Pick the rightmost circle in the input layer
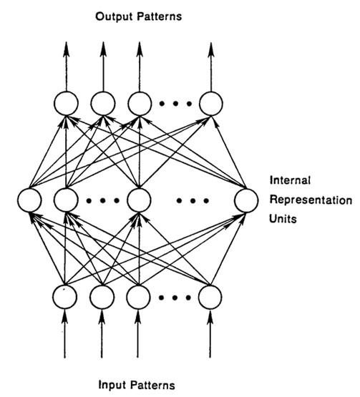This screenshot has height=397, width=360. coord(210,295)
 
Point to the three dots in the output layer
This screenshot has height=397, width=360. coord(174,104)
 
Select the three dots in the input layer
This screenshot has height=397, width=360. coord(174,295)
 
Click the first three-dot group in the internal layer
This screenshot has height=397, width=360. coord(100,201)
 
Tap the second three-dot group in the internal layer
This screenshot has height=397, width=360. coord(192,201)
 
